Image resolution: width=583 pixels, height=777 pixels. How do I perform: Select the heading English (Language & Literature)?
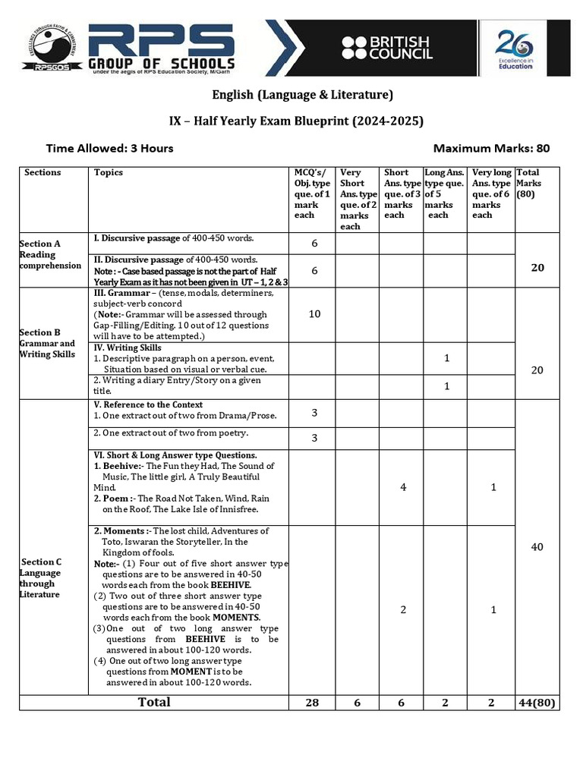pyautogui.click(x=301, y=95)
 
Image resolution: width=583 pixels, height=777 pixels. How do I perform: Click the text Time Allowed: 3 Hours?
pyautogui.click(x=109, y=148)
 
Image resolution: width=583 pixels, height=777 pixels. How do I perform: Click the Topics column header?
pyautogui.click(x=108, y=173)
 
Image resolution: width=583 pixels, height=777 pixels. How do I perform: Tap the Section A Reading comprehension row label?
pyautogui.click(x=50, y=255)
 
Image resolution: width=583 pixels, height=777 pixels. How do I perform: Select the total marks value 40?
pyautogui.click(x=537, y=547)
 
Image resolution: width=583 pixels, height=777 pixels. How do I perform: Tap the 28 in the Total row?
pyautogui.click(x=311, y=703)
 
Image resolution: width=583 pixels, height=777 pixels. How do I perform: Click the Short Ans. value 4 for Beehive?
pyautogui.click(x=402, y=487)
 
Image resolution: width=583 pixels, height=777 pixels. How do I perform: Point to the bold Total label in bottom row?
pyautogui.click(x=154, y=703)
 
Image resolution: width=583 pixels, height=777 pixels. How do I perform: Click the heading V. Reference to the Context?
pyautogui.click(x=148, y=405)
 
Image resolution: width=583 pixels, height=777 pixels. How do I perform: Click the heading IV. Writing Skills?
pyautogui.click(x=127, y=348)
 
